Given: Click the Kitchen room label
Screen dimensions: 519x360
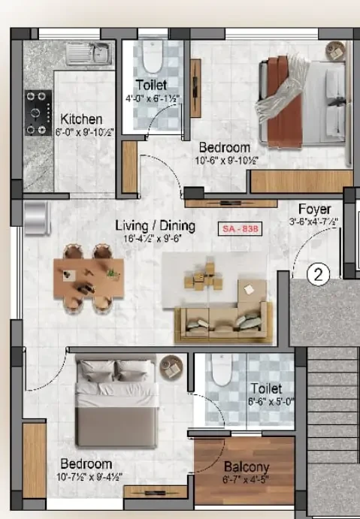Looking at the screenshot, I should pyautogui.click(x=81, y=119).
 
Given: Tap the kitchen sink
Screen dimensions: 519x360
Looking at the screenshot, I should pyautogui.click(x=87, y=53).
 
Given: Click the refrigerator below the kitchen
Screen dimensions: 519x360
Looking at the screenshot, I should pyautogui.click(x=35, y=216).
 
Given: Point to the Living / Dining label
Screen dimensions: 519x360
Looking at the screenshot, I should pyautogui.click(x=155, y=225).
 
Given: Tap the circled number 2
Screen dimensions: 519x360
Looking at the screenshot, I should pyautogui.click(x=319, y=275).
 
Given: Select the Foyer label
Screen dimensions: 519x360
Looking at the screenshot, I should pyautogui.click(x=313, y=209).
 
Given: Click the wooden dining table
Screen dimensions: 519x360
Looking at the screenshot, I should pyautogui.click(x=87, y=274).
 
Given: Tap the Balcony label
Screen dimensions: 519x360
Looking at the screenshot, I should pyautogui.click(x=247, y=466).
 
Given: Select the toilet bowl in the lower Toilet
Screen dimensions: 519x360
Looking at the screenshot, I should pyautogui.click(x=221, y=369).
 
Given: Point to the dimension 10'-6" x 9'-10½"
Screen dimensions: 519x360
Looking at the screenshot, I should pyautogui.click(x=225, y=159).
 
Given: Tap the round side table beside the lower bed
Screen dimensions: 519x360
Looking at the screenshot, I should pyautogui.click(x=171, y=366).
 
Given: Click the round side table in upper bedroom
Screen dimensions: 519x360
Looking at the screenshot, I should pyautogui.click(x=334, y=50).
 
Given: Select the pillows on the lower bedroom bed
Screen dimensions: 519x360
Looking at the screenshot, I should pyautogui.click(x=116, y=371).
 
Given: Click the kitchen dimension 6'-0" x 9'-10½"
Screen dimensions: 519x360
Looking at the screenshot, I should pyautogui.click(x=82, y=132).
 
